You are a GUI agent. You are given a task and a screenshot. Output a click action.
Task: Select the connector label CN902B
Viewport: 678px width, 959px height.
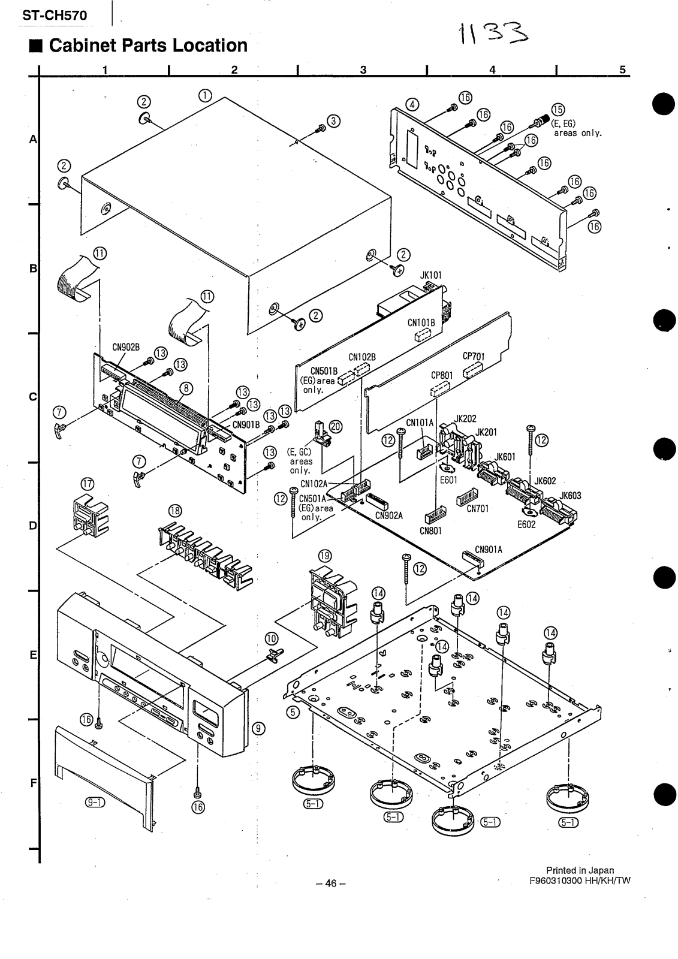[126, 346]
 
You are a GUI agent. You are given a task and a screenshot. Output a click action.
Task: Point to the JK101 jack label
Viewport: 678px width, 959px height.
[430, 275]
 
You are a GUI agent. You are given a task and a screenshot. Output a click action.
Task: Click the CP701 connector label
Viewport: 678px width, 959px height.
[474, 355]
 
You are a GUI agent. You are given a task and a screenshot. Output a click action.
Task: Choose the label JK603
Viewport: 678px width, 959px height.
[571, 496]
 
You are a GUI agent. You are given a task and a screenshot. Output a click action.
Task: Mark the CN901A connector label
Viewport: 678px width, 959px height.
[489, 549]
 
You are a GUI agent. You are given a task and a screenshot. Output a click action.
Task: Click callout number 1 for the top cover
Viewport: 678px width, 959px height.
[204, 95]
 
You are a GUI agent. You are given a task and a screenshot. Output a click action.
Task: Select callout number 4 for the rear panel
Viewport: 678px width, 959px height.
[412, 103]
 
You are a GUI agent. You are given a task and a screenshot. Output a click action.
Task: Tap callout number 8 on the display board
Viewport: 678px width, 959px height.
[187, 388]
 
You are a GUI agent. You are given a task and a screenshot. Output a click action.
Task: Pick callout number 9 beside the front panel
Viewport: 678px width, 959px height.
[258, 728]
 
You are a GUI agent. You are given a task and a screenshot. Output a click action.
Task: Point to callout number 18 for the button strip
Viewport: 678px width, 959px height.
[175, 511]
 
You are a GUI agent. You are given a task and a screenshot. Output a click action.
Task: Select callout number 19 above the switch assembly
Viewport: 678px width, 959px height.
[324, 556]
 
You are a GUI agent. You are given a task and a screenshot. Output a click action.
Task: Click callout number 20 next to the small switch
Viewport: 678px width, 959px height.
[336, 426]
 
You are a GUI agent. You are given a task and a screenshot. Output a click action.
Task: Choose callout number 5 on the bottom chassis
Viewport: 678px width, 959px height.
[293, 712]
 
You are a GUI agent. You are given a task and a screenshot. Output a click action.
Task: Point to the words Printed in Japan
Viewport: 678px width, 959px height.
[579, 870]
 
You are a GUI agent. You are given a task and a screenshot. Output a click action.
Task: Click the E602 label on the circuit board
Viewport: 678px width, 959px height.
[526, 523]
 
